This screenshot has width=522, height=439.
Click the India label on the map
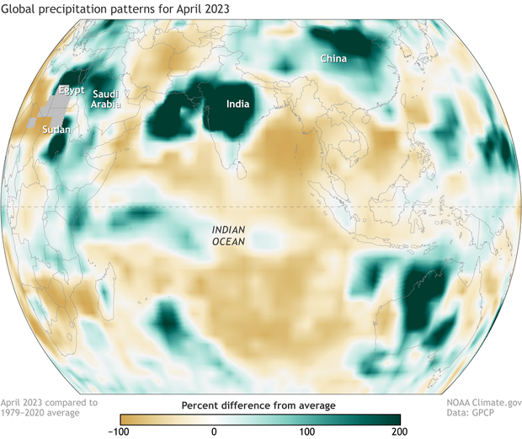(x=237, y=104)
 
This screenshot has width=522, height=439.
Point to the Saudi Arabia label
(x=107, y=99)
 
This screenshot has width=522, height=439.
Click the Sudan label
(x=55, y=130)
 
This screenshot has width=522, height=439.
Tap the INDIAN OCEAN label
(x=229, y=235)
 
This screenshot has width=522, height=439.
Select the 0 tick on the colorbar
(x=214, y=431)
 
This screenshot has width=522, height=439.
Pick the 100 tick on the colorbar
(x=307, y=431)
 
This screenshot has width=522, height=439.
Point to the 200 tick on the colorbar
(x=400, y=431)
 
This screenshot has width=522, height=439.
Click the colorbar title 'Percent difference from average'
(x=258, y=405)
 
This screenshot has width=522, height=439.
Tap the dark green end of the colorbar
(x=391, y=419)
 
